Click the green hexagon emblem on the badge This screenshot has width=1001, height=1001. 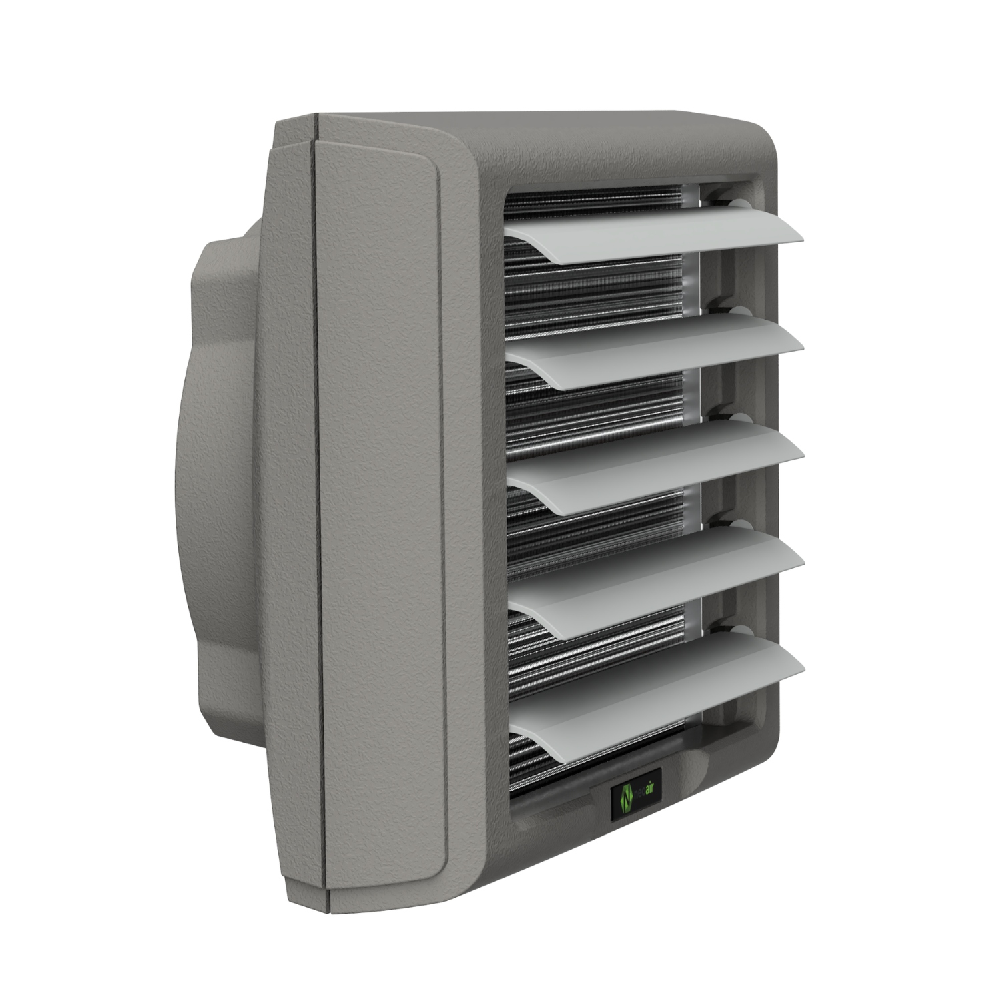pyautogui.click(x=626, y=798)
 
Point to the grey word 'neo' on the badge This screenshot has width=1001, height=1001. pyautogui.click(x=639, y=795)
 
